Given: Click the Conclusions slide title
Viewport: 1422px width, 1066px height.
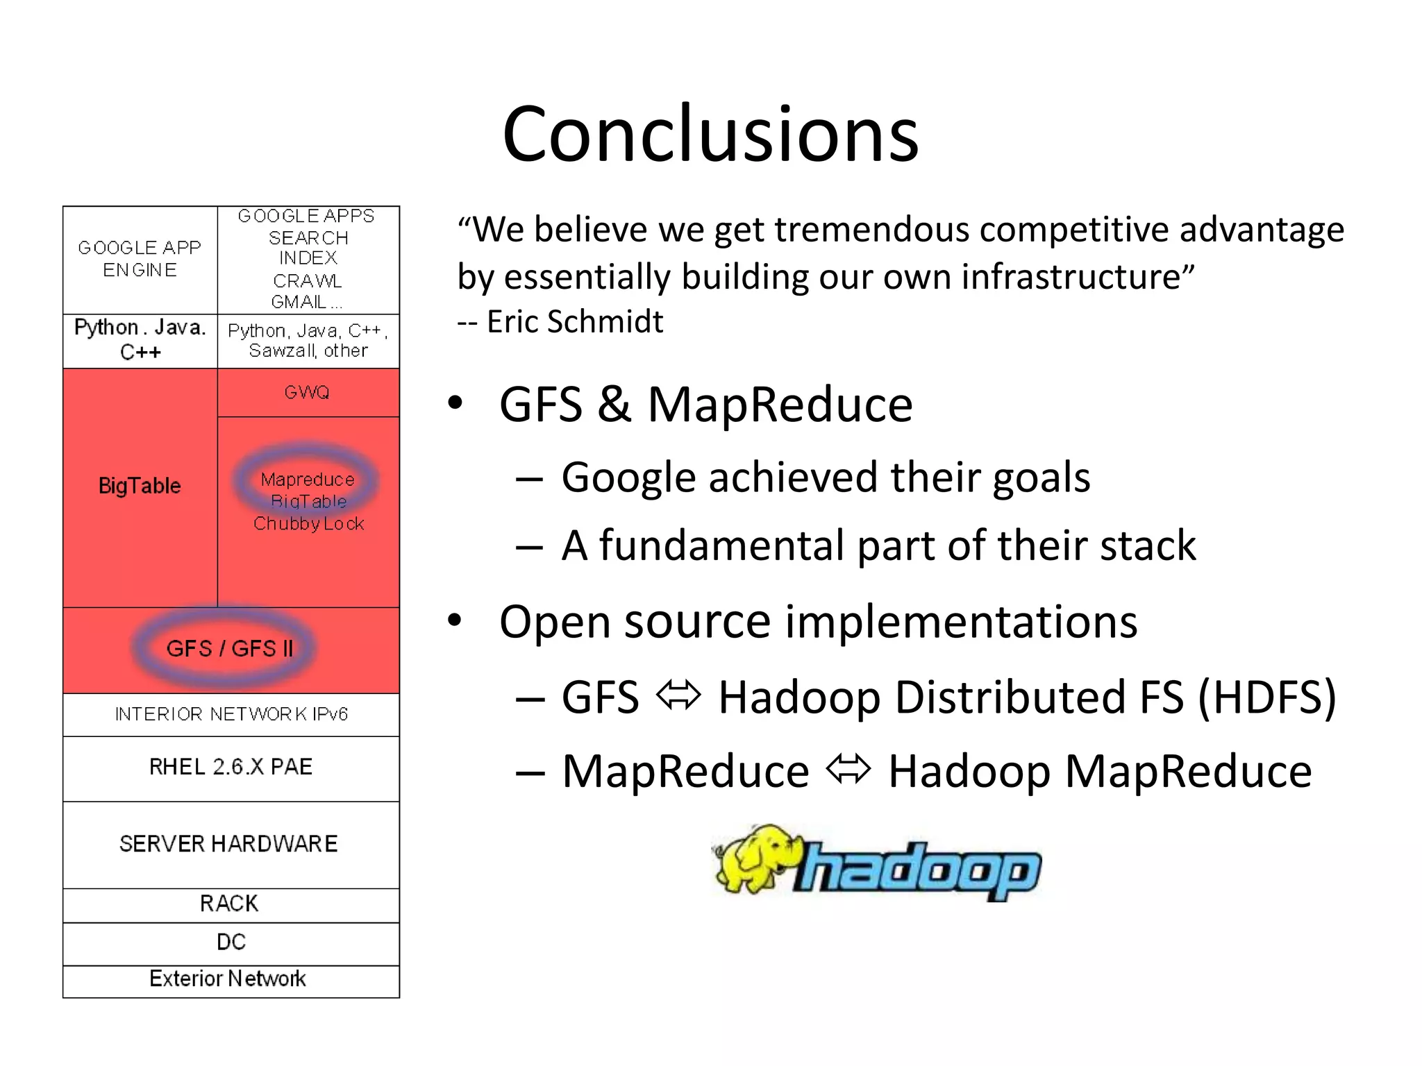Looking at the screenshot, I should pyautogui.click(x=710, y=133).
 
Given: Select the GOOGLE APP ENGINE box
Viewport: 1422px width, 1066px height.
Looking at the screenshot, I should pyautogui.click(x=140, y=259).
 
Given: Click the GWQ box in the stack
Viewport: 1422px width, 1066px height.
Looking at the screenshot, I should pyautogui.click(x=307, y=392).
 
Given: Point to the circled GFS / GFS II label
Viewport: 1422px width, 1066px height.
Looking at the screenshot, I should pyautogui.click(x=229, y=649).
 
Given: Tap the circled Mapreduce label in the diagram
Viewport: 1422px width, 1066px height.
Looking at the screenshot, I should pyautogui.click(x=307, y=480).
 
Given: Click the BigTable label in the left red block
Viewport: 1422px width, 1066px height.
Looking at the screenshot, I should pyautogui.click(x=140, y=486).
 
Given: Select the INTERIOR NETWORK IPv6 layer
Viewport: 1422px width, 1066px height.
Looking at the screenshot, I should pyautogui.click(x=231, y=714).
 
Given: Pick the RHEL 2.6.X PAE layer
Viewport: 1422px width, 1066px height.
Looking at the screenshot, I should pyautogui.click(x=231, y=767).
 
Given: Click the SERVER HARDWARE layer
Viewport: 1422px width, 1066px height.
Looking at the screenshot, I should pyautogui.click(x=229, y=844).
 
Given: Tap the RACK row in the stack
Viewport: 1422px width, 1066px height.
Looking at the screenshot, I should pyautogui.click(x=229, y=904).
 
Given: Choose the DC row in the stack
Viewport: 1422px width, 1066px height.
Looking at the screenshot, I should pyautogui.click(x=231, y=942).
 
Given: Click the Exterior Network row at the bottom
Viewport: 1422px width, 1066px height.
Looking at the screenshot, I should pyautogui.click(x=228, y=979).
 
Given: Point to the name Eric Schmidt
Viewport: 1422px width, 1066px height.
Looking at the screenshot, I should pyautogui.click(x=575, y=322).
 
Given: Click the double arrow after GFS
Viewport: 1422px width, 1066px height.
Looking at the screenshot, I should pyautogui.click(x=678, y=695).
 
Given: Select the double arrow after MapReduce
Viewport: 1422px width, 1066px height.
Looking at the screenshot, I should pyautogui.click(x=848, y=770).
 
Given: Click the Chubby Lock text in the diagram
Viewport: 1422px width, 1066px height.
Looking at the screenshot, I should pyautogui.click(x=308, y=524).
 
